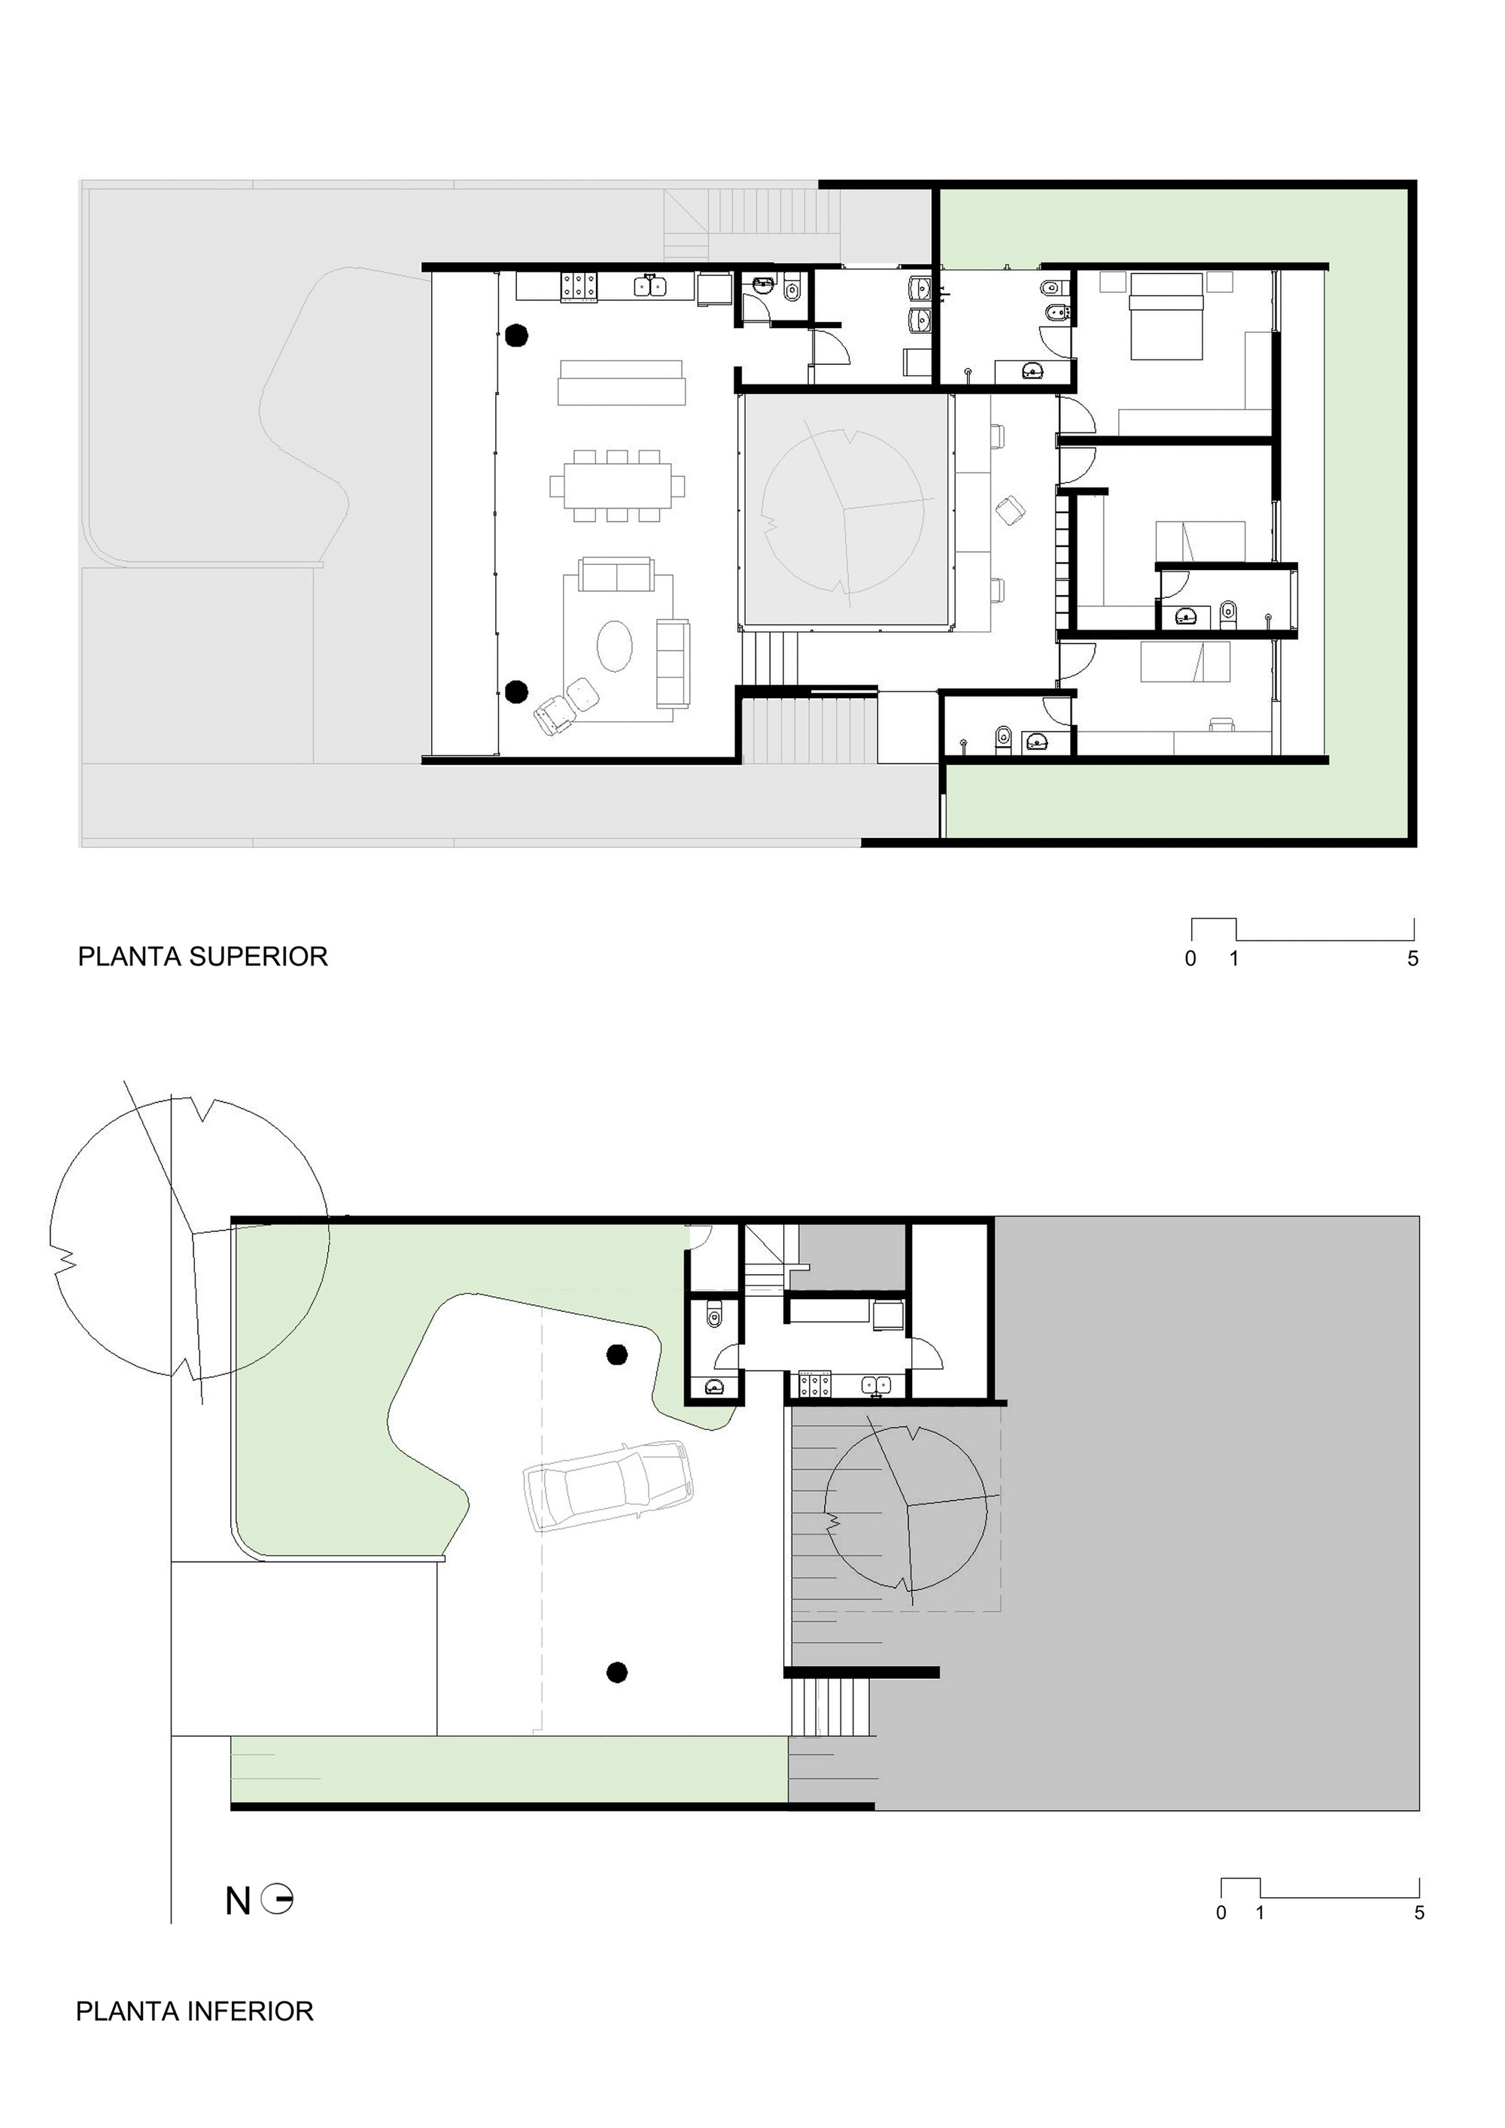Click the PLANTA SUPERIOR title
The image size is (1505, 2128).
[202, 957]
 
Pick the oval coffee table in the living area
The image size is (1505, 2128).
[615, 645]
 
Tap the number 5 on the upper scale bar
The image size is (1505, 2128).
[1412, 959]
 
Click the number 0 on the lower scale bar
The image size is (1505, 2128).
[1221, 1912]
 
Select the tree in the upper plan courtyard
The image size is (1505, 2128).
[843, 511]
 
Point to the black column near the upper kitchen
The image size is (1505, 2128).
[516, 335]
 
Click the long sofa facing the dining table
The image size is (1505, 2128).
[622, 383]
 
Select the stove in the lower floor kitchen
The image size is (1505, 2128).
[814, 1386]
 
